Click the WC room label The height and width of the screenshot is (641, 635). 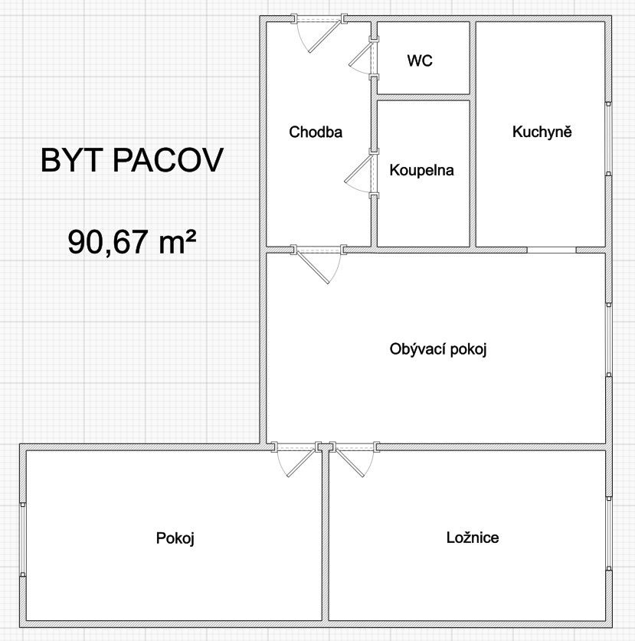click(420, 61)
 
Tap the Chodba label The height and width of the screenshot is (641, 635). click(316, 132)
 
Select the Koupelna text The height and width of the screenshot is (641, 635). click(421, 170)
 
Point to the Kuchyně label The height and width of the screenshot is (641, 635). click(542, 132)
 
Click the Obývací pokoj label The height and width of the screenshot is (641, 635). click(438, 349)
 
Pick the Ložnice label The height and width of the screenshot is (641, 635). click(473, 538)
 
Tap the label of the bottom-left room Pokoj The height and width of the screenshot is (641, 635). click(175, 538)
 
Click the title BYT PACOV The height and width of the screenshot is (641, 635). click(132, 162)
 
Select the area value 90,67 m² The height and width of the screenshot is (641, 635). click(132, 243)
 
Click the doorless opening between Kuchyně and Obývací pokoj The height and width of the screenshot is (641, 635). click(552, 250)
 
